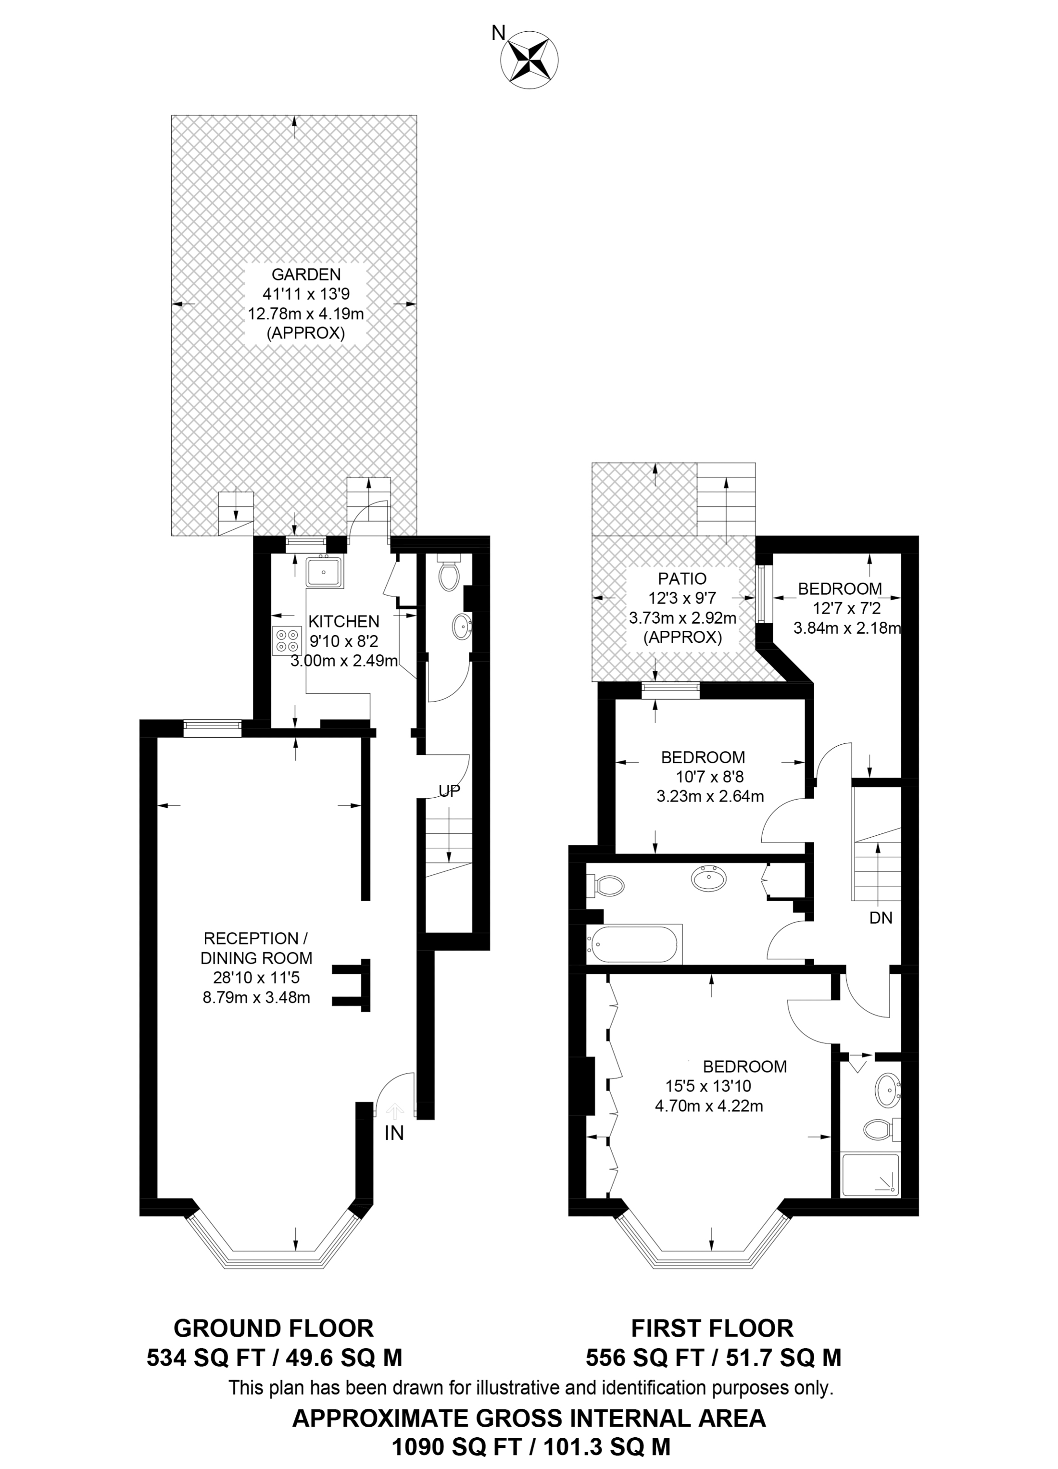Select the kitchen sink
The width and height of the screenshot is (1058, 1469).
(325, 571)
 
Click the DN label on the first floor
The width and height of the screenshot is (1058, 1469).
(881, 918)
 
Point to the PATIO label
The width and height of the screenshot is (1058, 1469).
(682, 578)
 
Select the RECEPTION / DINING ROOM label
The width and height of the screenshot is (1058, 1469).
(256, 948)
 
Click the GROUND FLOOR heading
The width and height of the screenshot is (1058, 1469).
(274, 1329)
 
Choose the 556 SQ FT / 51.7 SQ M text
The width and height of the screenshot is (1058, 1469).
(713, 1357)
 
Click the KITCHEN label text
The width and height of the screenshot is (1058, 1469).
(343, 622)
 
